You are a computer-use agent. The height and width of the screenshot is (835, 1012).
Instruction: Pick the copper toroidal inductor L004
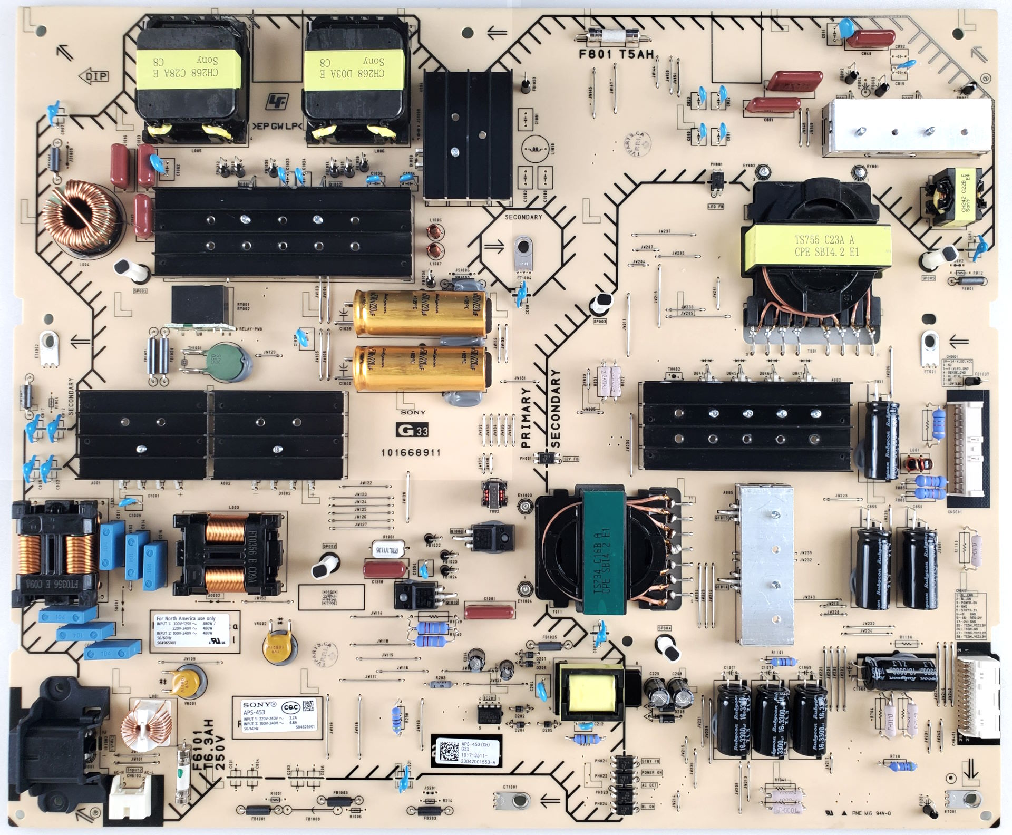(x=79, y=211)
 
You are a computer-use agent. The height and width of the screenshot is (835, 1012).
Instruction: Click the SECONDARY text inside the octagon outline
(x=523, y=217)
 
